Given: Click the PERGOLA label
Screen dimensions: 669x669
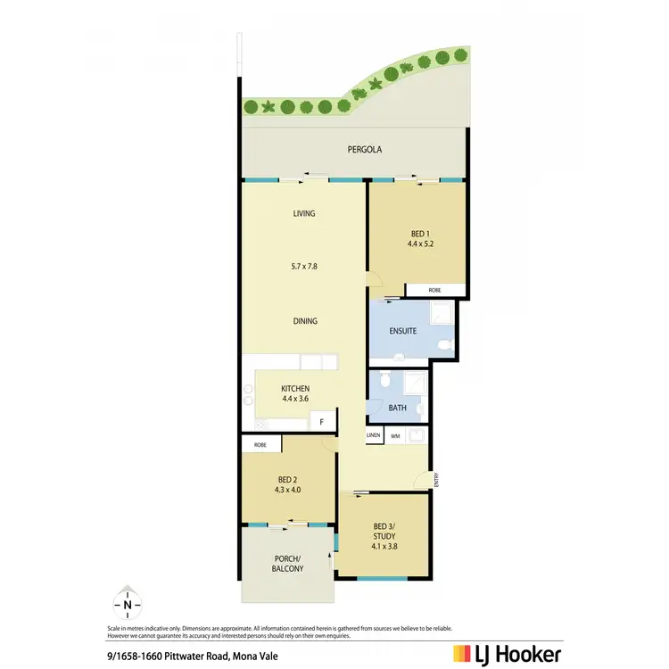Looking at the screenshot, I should click(364, 150).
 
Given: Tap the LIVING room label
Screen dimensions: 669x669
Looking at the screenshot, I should click(304, 214).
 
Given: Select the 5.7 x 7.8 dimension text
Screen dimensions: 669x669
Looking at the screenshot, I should click(304, 266).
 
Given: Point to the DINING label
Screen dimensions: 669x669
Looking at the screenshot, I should click(304, 321).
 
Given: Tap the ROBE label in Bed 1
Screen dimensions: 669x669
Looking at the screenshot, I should click(434, 291).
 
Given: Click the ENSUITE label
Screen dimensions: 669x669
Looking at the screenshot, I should click(403, 331).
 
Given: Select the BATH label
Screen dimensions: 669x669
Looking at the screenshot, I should click(397, 408).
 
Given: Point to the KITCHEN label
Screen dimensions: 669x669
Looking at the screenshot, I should click(295, 389).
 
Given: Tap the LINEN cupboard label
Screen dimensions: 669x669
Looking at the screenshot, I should click(374, 435).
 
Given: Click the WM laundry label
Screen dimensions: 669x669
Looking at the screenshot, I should click(395, 435).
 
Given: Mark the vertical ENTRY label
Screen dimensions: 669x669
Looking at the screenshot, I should click(436, 479).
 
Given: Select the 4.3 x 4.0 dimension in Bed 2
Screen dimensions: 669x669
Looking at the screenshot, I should click(287, 489).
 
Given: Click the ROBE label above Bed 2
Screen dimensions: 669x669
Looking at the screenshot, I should click(260, 444).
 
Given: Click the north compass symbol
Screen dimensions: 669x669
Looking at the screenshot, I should click(128, 605).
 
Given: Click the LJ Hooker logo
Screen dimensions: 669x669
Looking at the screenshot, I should click(507, 654).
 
